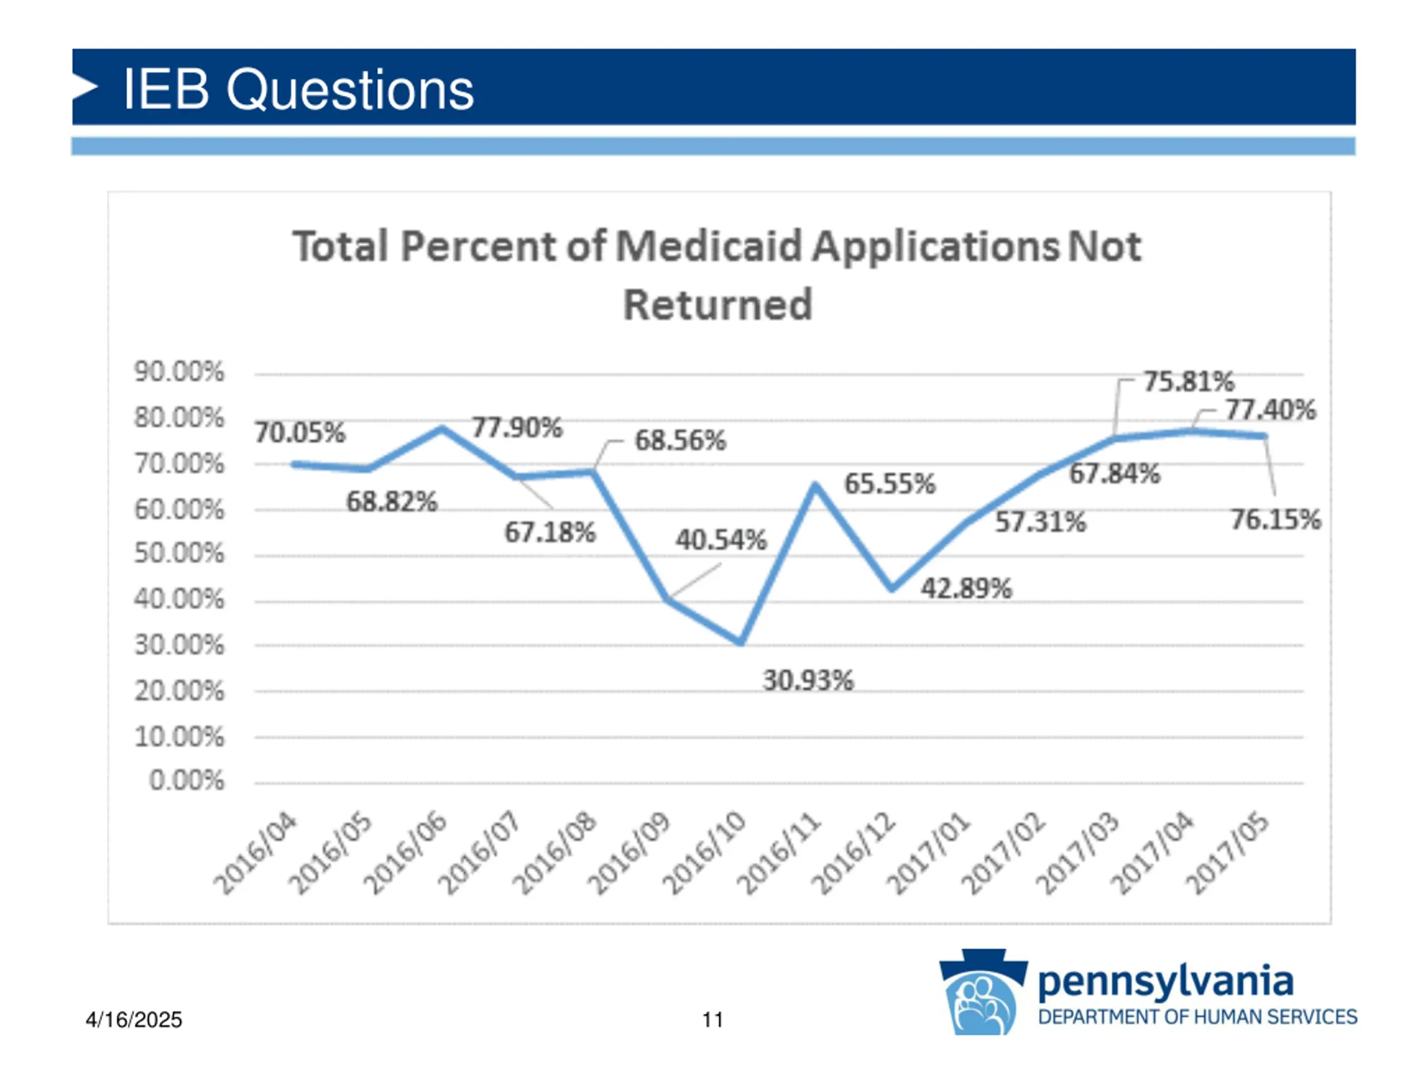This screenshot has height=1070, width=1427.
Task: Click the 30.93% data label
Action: click(x=808, y=680)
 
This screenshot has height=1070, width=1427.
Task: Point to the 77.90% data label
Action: click(x=517, y=427)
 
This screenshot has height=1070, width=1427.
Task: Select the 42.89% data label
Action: click(x=966, y=588)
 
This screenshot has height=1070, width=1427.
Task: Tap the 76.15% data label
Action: click(x=1275, y=519)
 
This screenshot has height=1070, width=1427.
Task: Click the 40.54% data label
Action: click(x=721, y=539)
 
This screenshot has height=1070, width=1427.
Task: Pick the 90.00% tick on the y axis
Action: click(x=179, y=372)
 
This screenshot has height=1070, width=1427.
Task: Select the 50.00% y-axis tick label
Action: click(x=179, y=553)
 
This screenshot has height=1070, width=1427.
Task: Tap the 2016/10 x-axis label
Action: click(x=705, y=853)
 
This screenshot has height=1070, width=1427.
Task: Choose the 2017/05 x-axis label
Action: click(x=1227, y=853)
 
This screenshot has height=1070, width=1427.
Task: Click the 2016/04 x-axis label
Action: click(x=255, y=853)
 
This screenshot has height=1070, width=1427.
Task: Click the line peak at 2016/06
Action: click(x=442, y=428)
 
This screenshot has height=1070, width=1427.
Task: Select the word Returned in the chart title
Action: click(x=717, y=305)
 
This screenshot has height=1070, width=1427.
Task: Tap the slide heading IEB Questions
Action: click(x=298, y=89)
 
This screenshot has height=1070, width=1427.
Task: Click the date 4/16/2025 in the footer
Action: click(x=134, y=1020)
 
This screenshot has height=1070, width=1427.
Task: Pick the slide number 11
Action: click(x=712, y=1020)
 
